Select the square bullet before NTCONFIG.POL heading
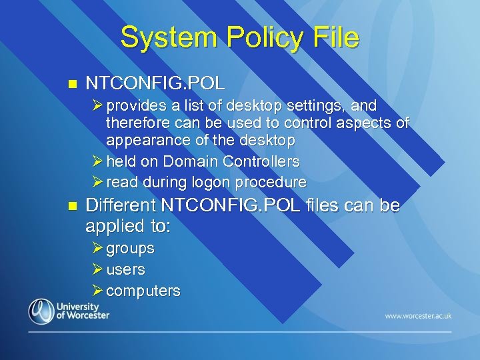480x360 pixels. [73, 85]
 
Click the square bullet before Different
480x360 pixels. [73, 206]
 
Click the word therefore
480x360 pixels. [137, 123]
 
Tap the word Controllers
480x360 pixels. [261, 161]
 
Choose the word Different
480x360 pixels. [125, 206]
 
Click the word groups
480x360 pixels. [131, 249]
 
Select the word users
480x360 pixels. [125, 270]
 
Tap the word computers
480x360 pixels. [143, 291]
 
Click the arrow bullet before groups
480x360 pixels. [98, 248]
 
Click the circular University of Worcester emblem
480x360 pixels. [41, 311]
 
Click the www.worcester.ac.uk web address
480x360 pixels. [418, 315]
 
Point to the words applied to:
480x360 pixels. [128, 226]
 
